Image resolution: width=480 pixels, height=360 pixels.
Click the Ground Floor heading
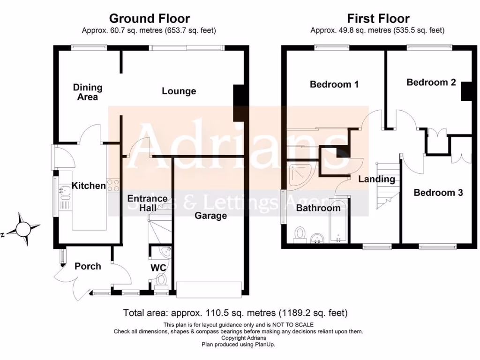(x=149, y=19)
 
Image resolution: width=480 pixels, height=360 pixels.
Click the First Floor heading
(x=378, y=19)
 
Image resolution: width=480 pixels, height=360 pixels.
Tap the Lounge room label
(x=179, y=91)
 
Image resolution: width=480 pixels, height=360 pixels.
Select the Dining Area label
(x=88, y=92)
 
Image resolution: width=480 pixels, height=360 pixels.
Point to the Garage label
(x=211, y=216)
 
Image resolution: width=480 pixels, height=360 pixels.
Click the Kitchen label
(x=89, y=186)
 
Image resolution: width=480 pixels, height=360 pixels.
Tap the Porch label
(x=88, y=266)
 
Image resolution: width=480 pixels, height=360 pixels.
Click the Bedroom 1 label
(x=334, y=84)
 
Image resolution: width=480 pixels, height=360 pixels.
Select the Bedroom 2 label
(x=431, y=82)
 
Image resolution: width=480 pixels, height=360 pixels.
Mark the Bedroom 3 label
(x=438, y=193)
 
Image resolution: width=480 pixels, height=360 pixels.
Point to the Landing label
(x=376, y=179)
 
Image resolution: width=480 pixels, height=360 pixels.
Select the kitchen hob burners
(x=113, y=185)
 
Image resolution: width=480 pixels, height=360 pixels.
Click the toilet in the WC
(x=161, y=281)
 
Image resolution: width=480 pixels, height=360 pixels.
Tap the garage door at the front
(x=209, y=288)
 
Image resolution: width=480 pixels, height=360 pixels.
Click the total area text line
(x=235, y=313)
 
